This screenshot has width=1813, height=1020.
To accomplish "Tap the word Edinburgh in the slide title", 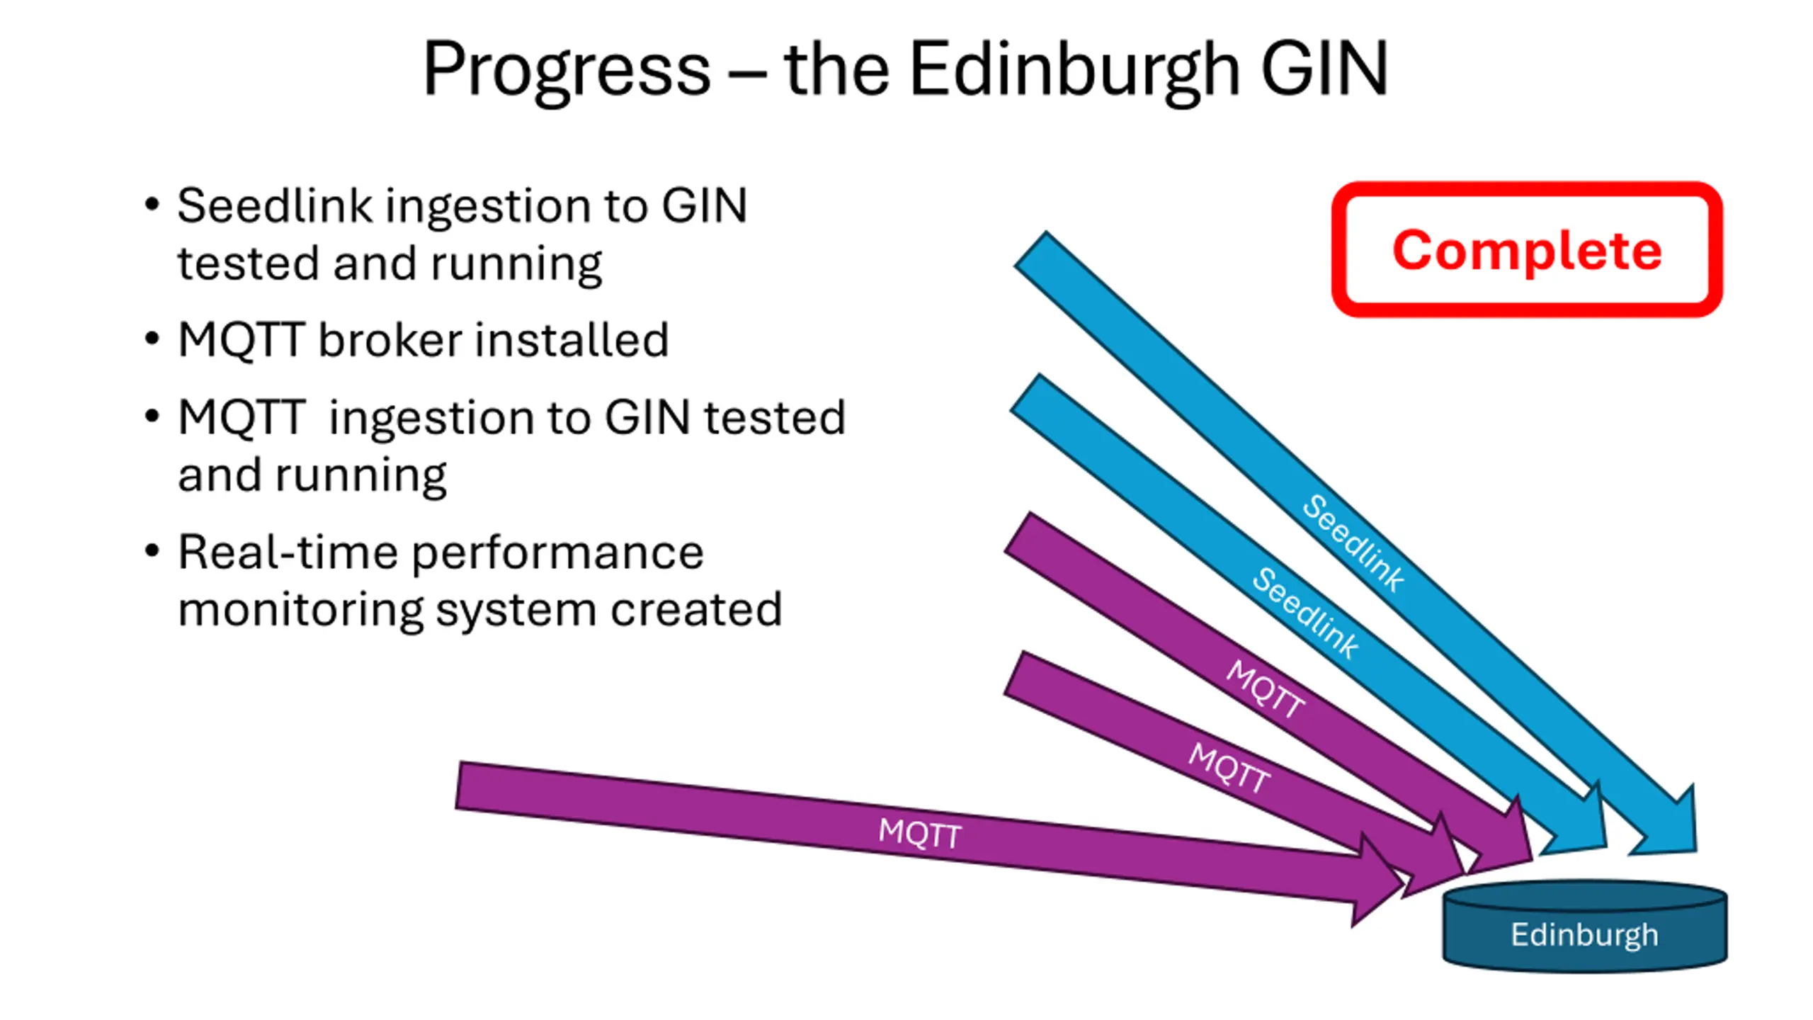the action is click(x=1074, y=69).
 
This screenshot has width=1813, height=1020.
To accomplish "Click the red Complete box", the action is click(x=1527, y=249).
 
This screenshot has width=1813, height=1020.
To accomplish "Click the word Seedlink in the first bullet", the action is click(x=275, y=206).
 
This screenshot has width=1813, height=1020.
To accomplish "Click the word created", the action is click(x=696, y=609).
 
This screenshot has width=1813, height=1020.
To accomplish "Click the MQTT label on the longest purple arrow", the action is click(x=919, y=833).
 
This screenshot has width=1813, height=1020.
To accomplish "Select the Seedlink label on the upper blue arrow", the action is click(x=1353, y=543).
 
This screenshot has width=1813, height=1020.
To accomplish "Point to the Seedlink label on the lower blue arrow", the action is click(x=1305, y=613).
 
